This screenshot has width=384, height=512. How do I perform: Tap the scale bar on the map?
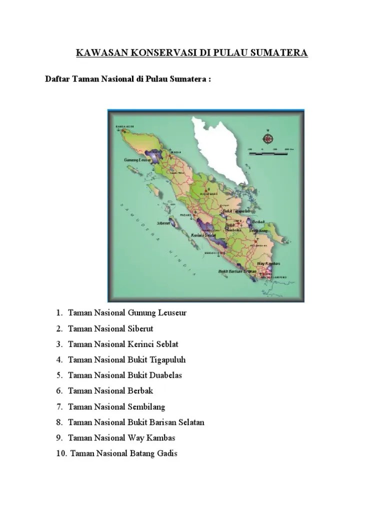pos(268,153)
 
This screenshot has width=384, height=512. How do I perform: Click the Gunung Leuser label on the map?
pos(137,160)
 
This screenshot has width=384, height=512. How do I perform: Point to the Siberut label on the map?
pos(163,223)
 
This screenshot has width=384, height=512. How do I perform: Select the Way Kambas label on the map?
pos(268,263)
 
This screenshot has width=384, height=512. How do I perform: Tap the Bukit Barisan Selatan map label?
pos(237,271)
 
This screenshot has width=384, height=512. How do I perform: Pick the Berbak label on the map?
pos(258,221)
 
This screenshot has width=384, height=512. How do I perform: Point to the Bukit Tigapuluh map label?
pos(237,211)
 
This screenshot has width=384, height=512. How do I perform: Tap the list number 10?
pos(60,453)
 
